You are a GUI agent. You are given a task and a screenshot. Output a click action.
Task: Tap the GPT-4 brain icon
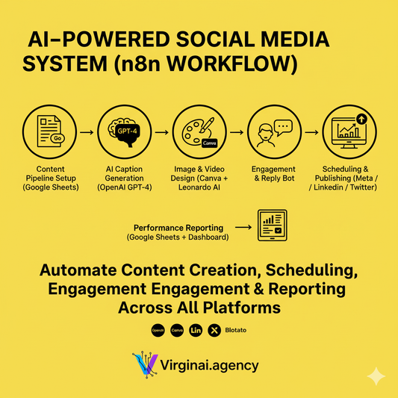[122, 132]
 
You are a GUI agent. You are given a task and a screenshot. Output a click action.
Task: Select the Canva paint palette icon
[196, 132]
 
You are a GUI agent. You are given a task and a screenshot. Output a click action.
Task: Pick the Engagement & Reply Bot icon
[271, 132]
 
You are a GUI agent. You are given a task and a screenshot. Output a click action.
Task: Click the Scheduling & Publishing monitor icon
[346, 132]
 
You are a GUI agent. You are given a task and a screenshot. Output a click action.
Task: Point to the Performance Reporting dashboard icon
[274, 226]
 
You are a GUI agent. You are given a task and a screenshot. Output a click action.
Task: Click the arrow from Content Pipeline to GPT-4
[84, 132]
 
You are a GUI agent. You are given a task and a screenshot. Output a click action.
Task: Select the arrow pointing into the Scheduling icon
[308, 132]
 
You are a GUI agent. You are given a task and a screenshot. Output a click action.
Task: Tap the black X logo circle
[215, 329]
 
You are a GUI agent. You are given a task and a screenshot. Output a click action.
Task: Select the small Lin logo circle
[196, 329]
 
